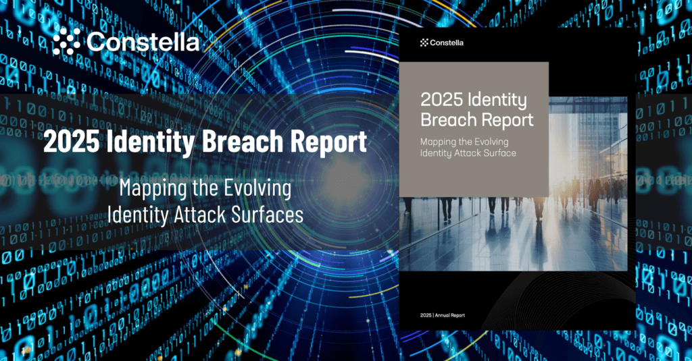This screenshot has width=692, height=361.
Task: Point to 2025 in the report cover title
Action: [x=441, y=101]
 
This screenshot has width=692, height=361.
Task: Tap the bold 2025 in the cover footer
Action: [x=426, y=315]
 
